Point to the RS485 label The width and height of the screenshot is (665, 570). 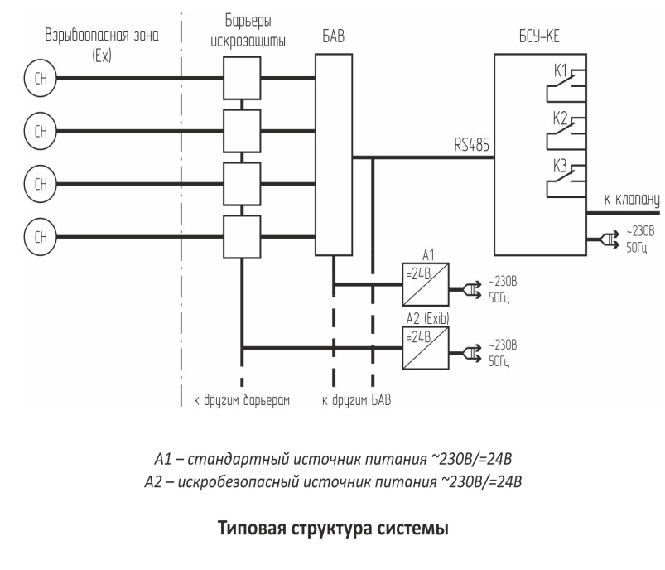coord(471,145)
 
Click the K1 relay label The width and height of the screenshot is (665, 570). coord(561,70)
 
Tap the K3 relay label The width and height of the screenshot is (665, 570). coord(561,166)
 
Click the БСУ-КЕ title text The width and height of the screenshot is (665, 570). coord(539,36)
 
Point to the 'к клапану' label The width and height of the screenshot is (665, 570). coord(632,200)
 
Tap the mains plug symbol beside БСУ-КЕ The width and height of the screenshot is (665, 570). coord(606,240)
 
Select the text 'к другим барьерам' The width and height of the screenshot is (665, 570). coord(242,400)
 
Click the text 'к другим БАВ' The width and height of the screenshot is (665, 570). coord(356,400)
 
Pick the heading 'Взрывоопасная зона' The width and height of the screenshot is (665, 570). coord(102,36)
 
